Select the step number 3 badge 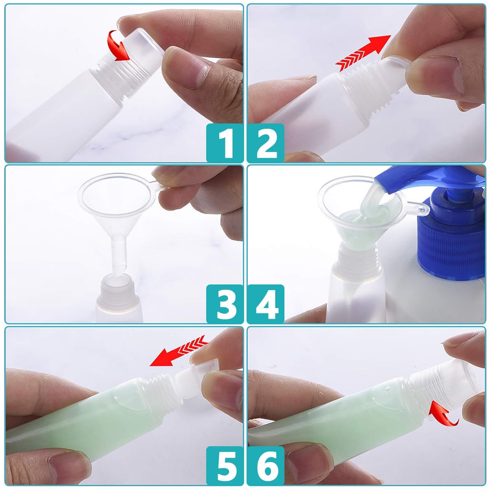pos(225,304)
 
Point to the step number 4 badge pos(266,304)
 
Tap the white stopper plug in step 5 pos(189,381)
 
